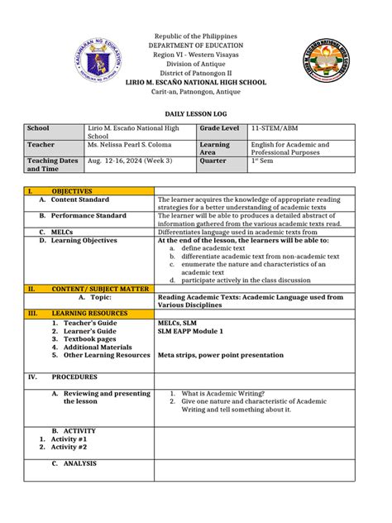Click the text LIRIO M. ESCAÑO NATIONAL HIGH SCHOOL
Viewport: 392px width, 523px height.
(x=195, y=83)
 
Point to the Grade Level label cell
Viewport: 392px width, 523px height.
(x=219, y=128)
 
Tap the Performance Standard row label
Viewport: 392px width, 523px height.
(x=88, y=215)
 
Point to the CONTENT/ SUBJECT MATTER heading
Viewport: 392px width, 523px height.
(x=100, y=290)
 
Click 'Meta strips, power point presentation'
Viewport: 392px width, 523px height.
(x=221, y=355)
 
